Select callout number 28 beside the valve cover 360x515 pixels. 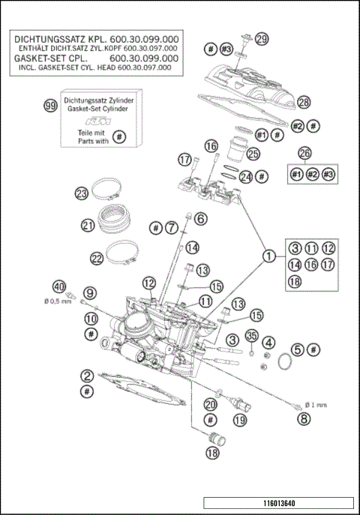pos(303,101)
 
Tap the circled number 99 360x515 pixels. pos(50,107)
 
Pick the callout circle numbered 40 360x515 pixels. pos(58,286)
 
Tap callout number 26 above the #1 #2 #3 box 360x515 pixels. pos(304,152)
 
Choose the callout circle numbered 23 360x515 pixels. pos(81,193)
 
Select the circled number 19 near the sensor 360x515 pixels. pos(239,421)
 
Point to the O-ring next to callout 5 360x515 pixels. pos(283,364)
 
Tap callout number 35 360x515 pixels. pos(251,335)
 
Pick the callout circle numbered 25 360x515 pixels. pos(253,154)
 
